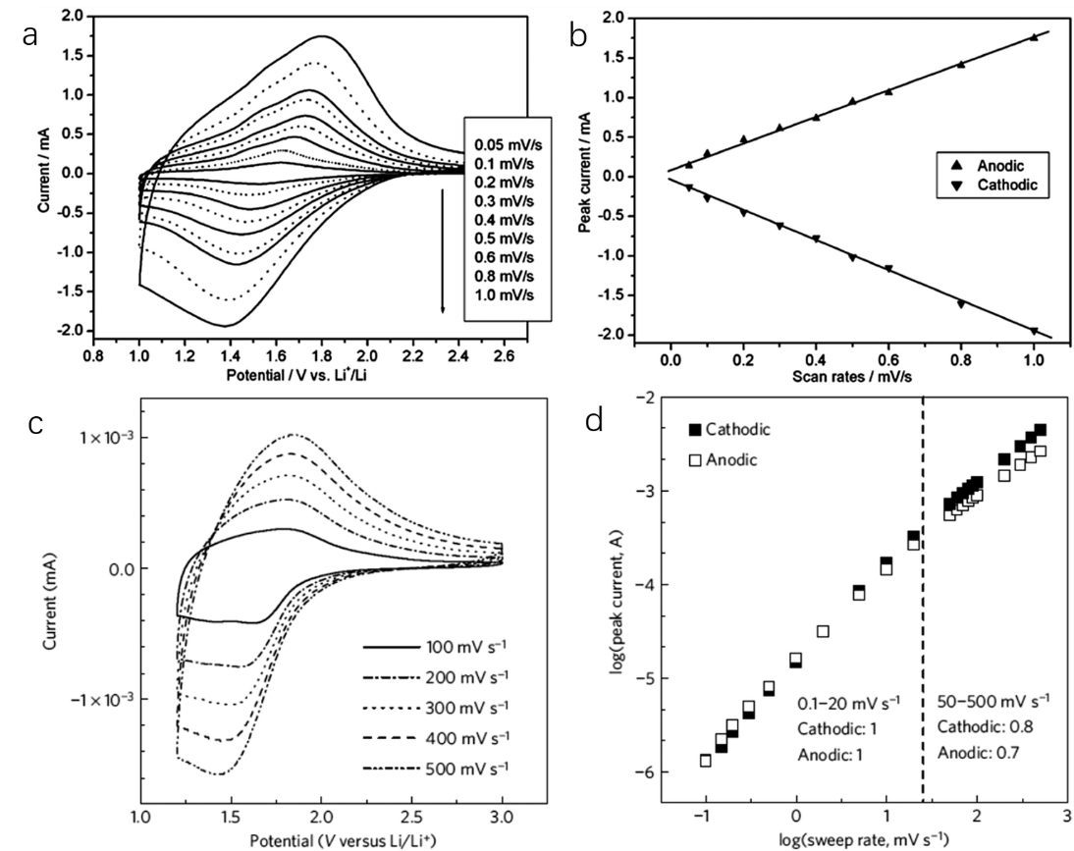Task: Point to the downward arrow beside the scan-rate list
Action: tap(443, 251)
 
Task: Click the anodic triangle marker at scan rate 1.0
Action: tap(1034, 37)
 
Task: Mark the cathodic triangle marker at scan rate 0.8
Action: tap(960, 304)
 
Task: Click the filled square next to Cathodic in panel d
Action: tap(695, 430)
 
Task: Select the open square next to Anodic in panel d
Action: tap(695, 458)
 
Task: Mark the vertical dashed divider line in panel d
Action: tap(924, 589)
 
